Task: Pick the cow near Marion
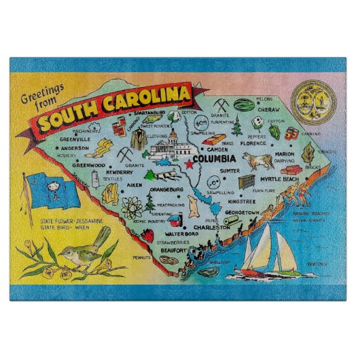pyautogui.click(x=259, y=161)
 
